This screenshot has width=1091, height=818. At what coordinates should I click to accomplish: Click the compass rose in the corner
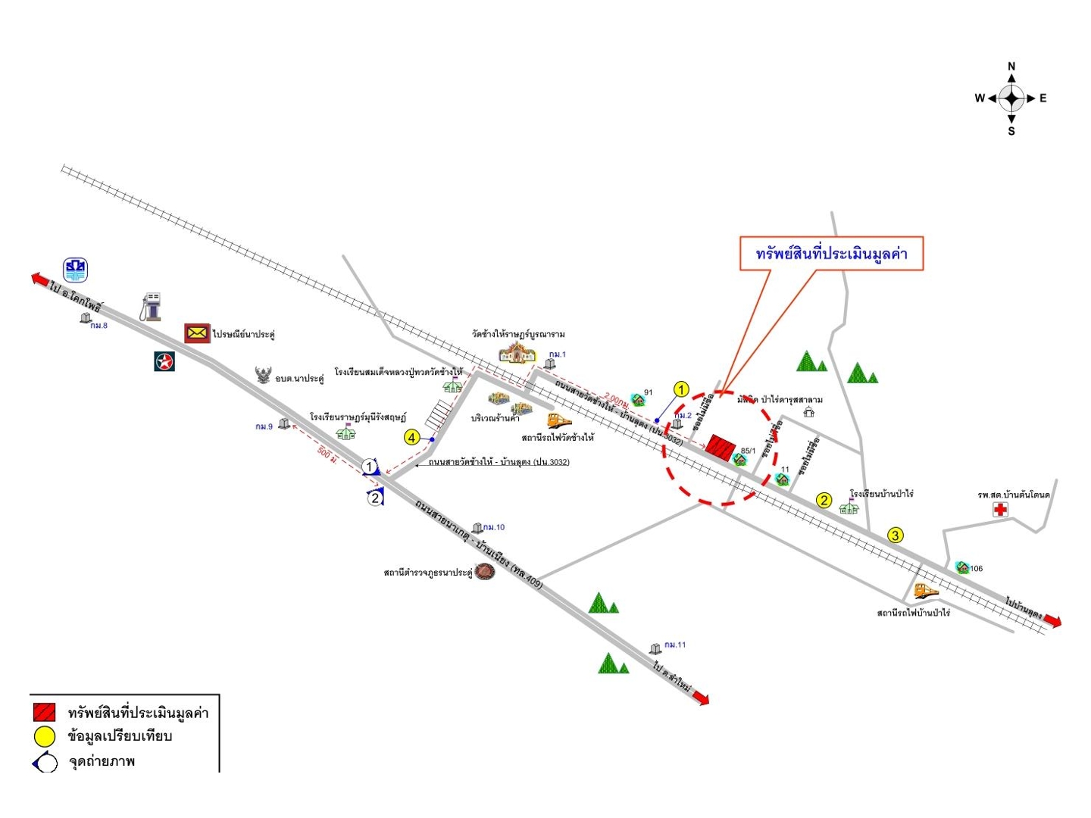pyautogui.click(x=1011, y=98)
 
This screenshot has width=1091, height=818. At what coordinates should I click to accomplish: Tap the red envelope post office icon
pyautogui.click(x=197, y=333)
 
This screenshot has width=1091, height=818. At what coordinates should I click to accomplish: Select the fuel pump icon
pyautogui.click(x=152, y=307)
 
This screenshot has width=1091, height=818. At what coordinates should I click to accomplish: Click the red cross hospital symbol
pyautogui.click(x=1000, y=510)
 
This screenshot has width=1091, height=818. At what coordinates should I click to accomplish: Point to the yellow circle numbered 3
pyautogui.click(x=896, y=535)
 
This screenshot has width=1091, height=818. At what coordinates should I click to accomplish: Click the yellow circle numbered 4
pyautogui.click(x=411, y=438)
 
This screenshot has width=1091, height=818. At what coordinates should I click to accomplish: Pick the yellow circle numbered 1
pyautogui.click(x=681, y=390)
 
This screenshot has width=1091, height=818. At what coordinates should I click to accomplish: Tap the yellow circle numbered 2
pyautogui.click(x=824, y=500)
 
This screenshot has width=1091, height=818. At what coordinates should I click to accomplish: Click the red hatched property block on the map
pyautogui.click(x=721, y=448)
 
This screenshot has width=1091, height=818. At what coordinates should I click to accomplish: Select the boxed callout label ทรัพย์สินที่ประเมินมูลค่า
pyautogui.click(x=831, y=254)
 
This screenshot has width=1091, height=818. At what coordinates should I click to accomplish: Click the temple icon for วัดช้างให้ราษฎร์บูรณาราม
pyautogui.click(x=517, y=352)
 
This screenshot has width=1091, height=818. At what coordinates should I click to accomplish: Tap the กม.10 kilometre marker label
pyautogui.click(x=493, y=527)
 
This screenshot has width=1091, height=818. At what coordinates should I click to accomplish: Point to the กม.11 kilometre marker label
pyautogui.click(x=674, y=645)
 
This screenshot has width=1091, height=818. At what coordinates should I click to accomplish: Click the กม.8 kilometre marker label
pyautogui.click(x=98, y=326)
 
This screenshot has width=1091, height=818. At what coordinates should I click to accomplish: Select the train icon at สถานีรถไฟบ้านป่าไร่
pyautogui.click(x=925, y=591)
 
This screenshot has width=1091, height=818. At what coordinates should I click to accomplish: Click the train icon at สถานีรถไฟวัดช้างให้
pyautogui.click(x=559, y=421)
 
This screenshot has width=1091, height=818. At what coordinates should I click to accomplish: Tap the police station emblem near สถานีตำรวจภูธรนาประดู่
pyautogui.click(x=485, y=572)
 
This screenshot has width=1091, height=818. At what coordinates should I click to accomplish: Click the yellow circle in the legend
pyautogui.click(x=45, y=736)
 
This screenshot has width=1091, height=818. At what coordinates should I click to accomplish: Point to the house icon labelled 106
pyautogui.click(x=962, y=567)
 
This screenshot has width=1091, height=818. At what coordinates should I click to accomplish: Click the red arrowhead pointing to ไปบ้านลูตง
pyautogui.click(x=1052, y=621)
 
